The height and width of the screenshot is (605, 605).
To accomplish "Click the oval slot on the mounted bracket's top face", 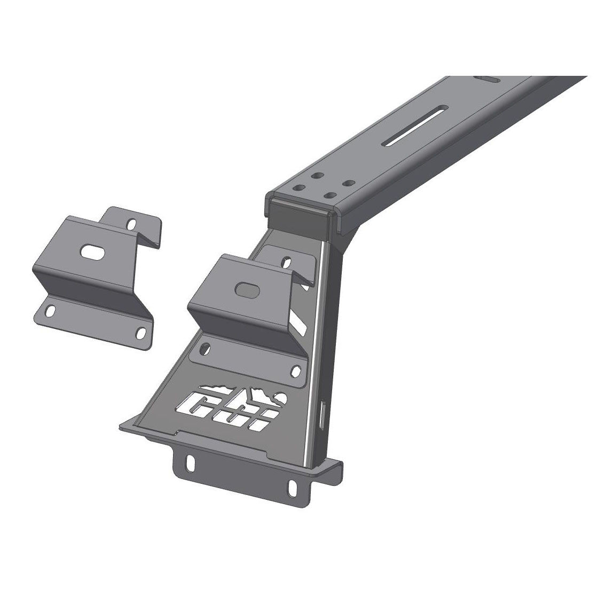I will [x=246, y=288].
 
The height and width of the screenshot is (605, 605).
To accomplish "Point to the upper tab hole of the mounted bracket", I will [x=287, y=263].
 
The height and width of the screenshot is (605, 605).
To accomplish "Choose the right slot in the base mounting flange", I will [x=292, y=486].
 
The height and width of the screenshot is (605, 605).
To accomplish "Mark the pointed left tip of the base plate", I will [x=121, y=426].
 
